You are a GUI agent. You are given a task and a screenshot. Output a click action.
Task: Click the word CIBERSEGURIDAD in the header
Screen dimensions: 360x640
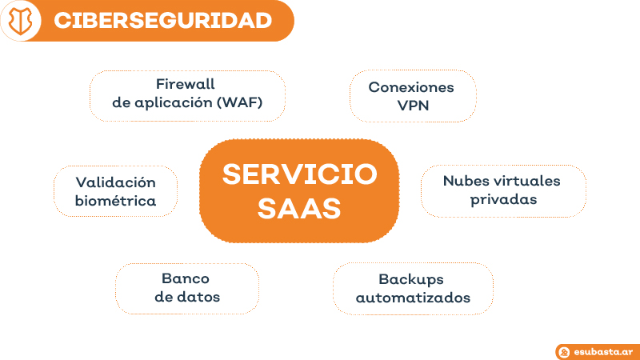point(162,21)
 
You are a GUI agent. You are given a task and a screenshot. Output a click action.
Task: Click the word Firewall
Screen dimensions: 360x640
point(186,84)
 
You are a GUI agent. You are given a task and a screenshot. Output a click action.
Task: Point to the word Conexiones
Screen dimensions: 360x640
point(411,87)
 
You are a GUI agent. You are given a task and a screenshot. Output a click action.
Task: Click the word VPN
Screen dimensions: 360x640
point(413,106)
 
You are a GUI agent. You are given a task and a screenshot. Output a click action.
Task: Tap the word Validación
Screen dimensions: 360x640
point(115,182)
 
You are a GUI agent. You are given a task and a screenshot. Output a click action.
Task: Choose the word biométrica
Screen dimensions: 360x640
point(115,201)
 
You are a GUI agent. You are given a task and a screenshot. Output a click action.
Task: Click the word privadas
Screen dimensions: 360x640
point(503,199)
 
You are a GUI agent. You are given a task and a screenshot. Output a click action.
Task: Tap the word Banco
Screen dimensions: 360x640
point(186,278)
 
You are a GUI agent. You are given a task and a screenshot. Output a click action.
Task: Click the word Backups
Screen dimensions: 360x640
point(411,279)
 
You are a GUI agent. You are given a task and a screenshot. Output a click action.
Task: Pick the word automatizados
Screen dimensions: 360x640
point(413,298)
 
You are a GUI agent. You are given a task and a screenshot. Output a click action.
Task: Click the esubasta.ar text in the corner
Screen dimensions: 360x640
point(602,351)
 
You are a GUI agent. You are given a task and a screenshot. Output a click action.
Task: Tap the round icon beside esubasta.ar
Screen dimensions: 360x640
point(565,351)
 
